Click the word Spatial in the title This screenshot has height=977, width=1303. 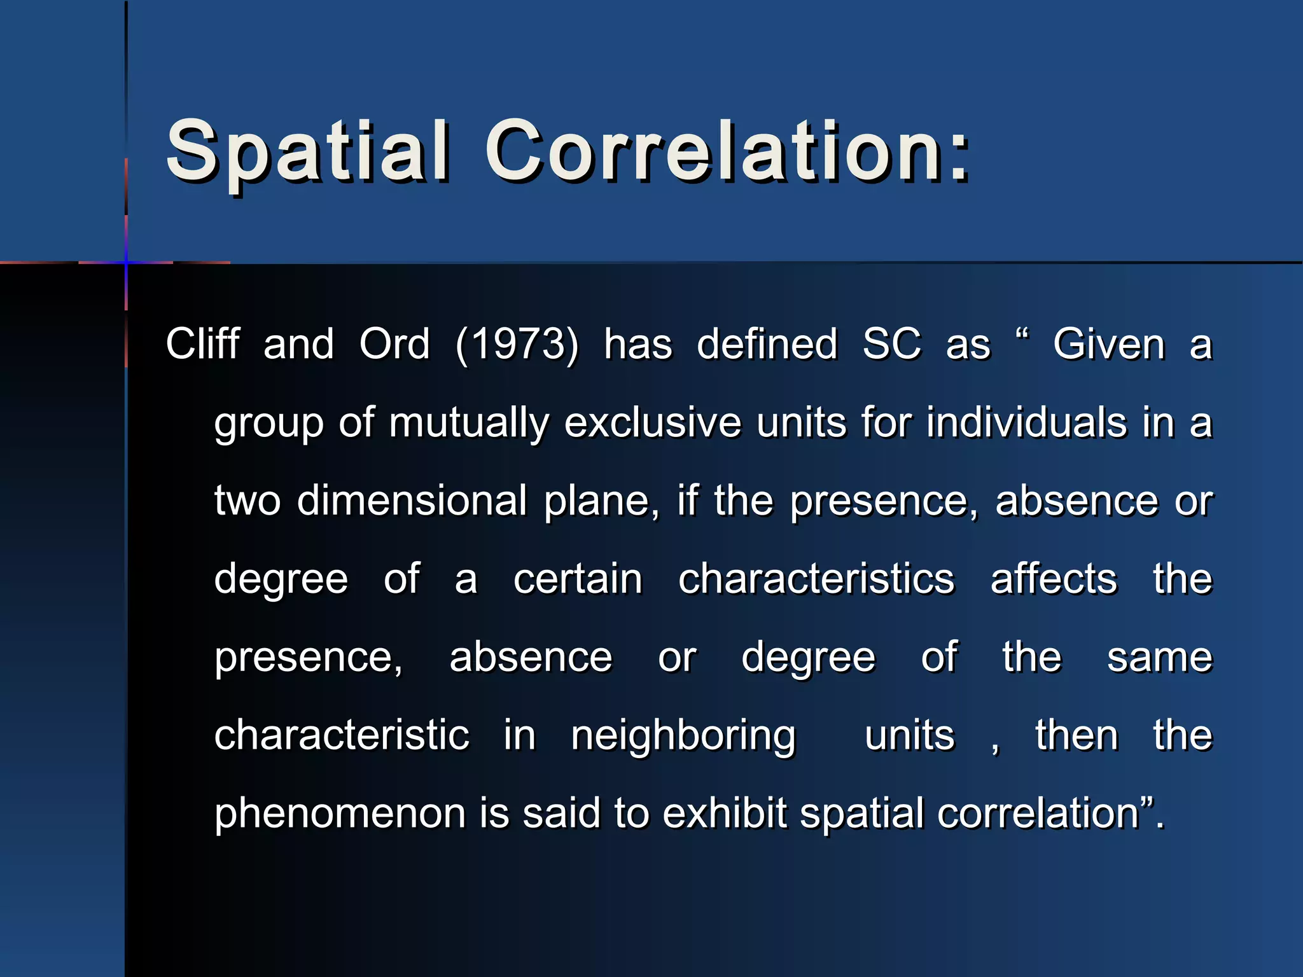[x=307, y=153]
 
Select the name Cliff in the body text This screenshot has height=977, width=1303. [x=202, y=344]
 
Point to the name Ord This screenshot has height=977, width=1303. [x=394, y=344]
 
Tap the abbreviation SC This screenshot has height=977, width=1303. [x=891, y=344]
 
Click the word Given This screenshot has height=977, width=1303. [x=1108, y=344]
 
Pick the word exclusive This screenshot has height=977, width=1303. [x=652, y=422]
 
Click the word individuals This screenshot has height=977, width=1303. [x=1026, y=422]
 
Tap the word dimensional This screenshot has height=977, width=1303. [x=412, y=501]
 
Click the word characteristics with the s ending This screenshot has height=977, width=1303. [x=816, y=579]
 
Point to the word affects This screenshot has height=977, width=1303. [x=1054, y=579]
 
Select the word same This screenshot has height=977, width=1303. [x=1159, y=658]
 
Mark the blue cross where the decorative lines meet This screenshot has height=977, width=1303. [x=126, y=262]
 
